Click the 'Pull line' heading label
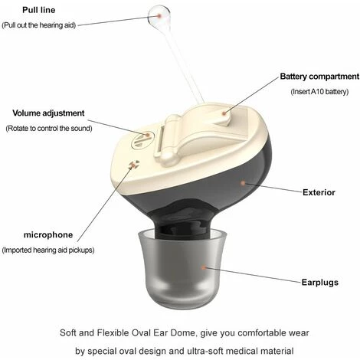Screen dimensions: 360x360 coord(39,10)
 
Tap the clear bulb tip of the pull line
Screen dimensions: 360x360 coord(159,16)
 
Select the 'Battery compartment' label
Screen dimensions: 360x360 coord(319,77)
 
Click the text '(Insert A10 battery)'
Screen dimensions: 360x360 coord(319,91)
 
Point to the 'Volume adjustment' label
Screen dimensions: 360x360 coord(48,113)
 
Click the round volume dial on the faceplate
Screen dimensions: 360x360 coord(141,139)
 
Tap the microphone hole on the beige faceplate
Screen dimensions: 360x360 coord(133,165)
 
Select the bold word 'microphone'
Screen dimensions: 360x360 coord(48,234)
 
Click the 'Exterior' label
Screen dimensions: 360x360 coord(319,192)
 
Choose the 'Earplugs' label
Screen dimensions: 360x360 coord(320,282)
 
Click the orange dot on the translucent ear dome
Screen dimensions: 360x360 coord(204,267)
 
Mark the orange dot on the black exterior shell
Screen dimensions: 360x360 coord(243,183)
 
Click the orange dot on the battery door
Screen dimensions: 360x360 coord(224,113)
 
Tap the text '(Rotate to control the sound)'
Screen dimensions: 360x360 coord(49,128)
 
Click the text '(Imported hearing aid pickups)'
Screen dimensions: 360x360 coord(48,250)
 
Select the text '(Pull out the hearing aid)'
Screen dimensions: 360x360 coord(39,25)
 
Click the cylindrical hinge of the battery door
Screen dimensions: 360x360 coord(167,140)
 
